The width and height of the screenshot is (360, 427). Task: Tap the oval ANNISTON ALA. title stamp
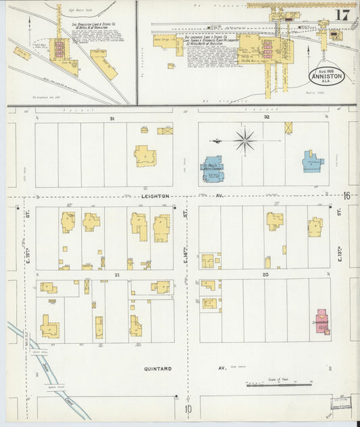point(328,75)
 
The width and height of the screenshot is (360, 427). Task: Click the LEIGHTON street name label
point(156,196)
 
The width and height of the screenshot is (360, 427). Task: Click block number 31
point(111,119)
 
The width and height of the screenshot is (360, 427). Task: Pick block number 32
point(267,118)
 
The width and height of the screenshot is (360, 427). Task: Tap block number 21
point(117,275)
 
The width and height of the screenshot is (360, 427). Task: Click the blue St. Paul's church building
point(213,168)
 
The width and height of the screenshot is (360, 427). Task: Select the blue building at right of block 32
point(313,161)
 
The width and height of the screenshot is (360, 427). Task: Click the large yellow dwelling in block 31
point(145,155)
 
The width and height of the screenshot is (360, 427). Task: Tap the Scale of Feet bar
point(274,385)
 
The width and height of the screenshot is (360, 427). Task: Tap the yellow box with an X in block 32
point(289,127)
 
